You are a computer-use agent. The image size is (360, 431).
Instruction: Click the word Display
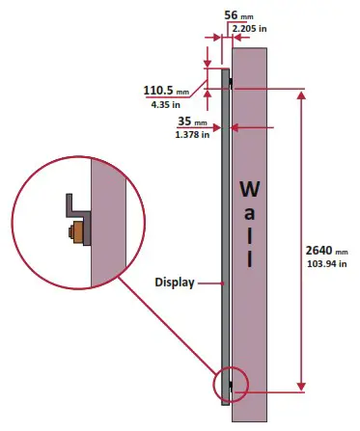(176, 283)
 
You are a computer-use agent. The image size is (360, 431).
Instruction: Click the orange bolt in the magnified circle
(73, 233)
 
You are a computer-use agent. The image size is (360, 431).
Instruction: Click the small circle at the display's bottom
(233, 383)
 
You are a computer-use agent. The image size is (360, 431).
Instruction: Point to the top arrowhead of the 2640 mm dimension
(304, 94)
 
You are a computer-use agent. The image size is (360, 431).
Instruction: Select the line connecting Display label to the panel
(209, 283)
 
